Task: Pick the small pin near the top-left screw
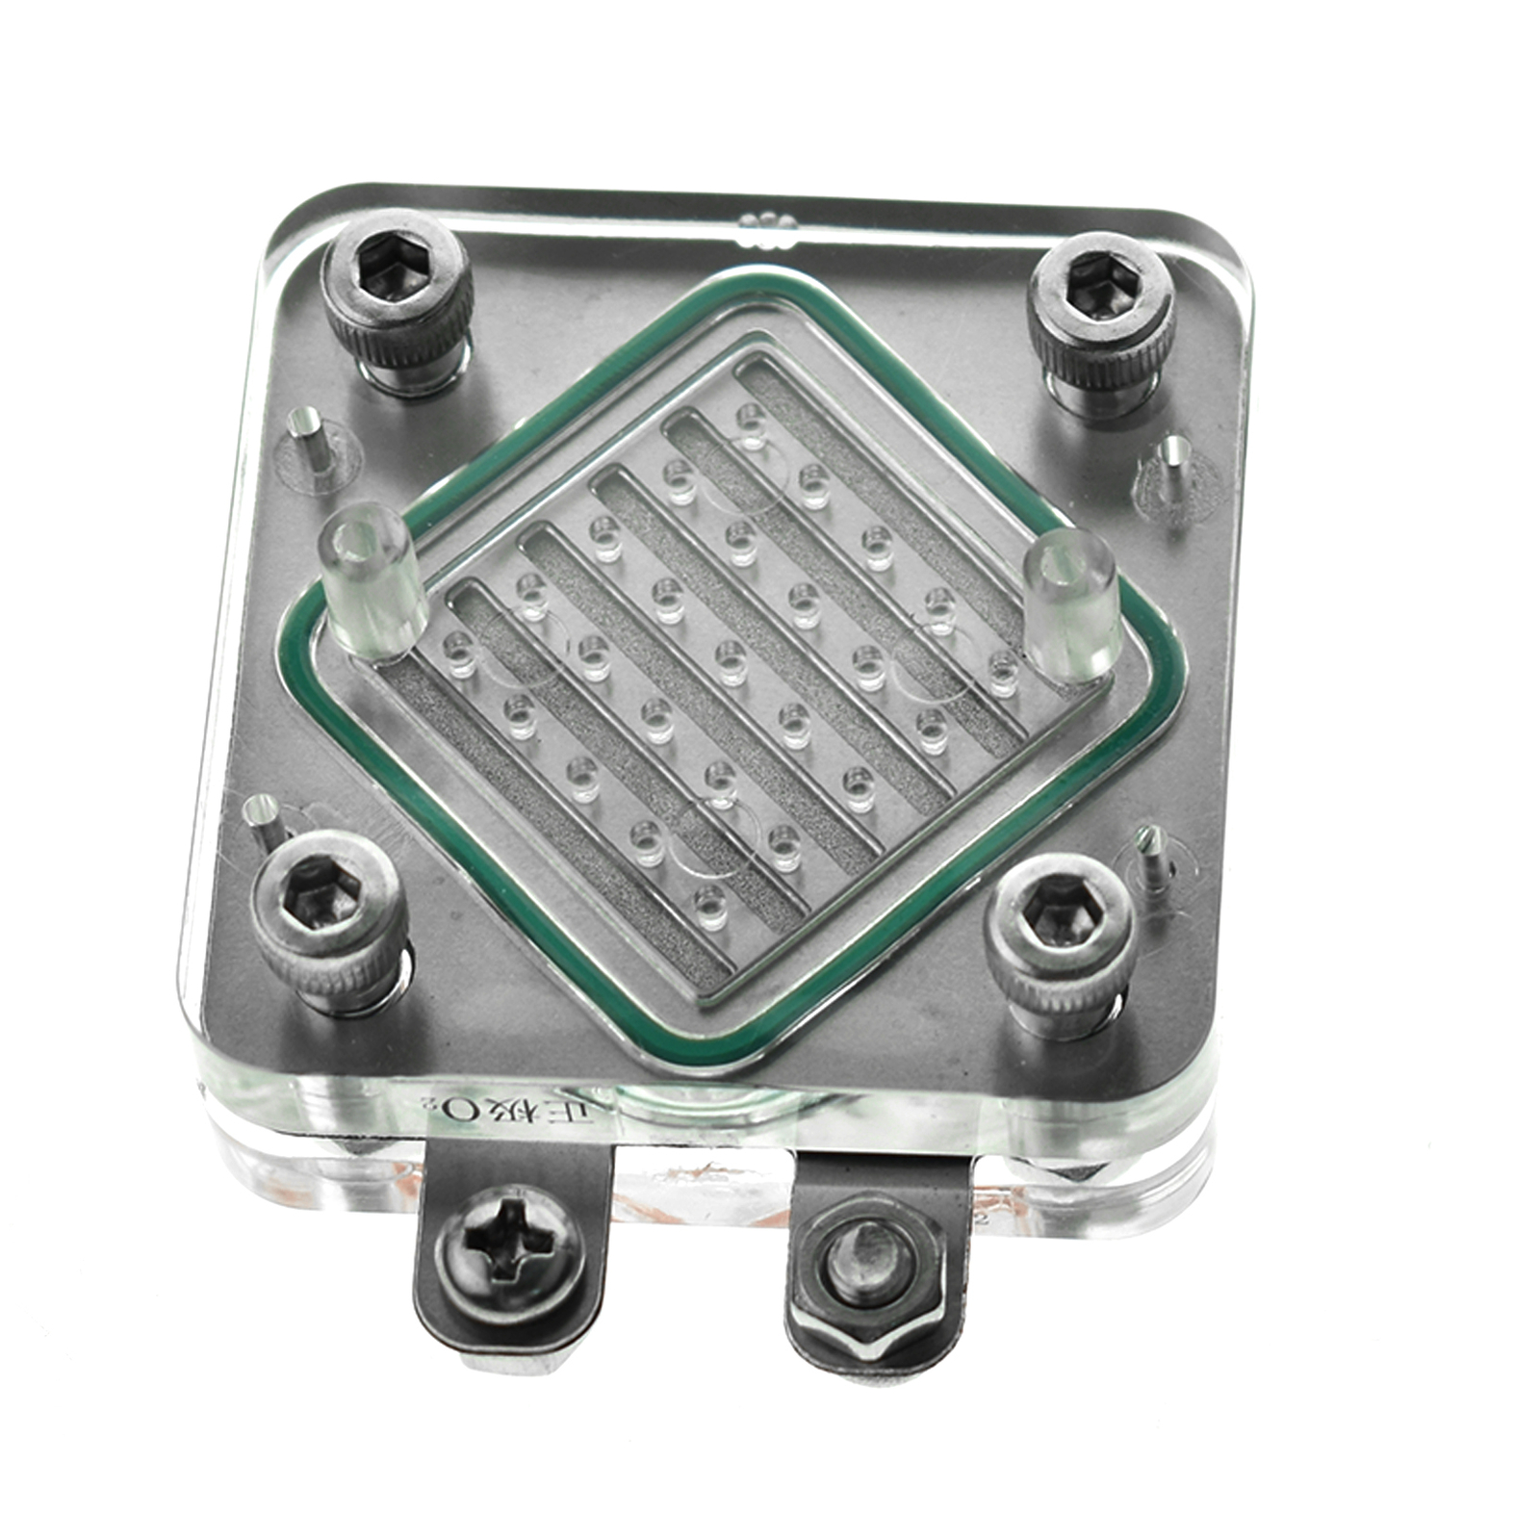tap(308, 438)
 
